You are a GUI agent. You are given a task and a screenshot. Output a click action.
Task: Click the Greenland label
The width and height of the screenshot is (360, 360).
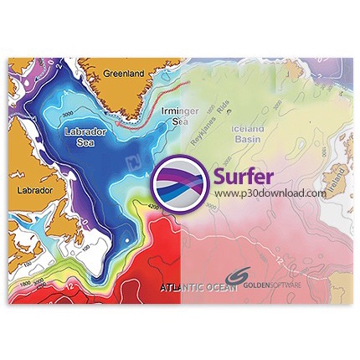tap(124, 73)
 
